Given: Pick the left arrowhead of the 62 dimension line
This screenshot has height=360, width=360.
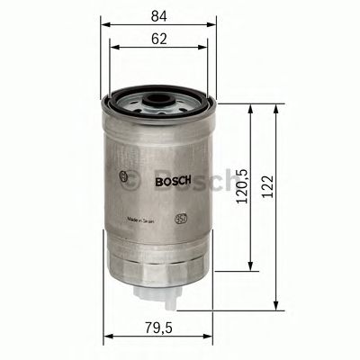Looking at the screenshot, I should coord(114,49).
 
